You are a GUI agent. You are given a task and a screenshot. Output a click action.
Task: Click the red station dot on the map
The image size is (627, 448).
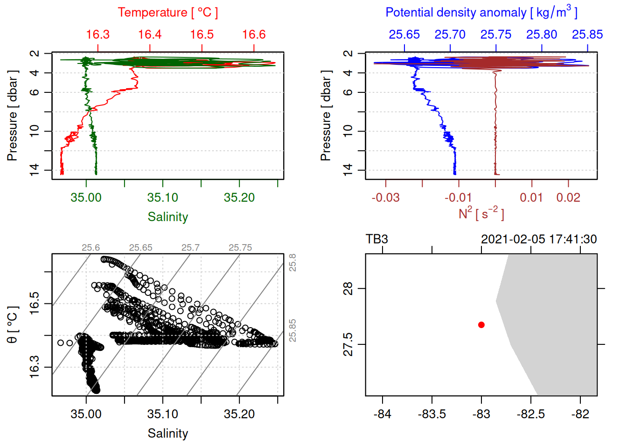click(x=481, y=325)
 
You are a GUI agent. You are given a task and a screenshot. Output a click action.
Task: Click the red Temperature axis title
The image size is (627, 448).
click(x=167, y=13)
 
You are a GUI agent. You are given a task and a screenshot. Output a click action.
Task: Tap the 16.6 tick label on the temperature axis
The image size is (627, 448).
click(x=254, y=35)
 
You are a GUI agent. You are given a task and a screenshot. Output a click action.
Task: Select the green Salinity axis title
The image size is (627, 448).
click(x=167, y=217)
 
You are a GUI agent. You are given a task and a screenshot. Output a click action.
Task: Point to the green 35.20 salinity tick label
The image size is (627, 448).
click(x=239, y=198)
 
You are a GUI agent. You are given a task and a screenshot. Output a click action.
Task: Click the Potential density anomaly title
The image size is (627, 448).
click(x=481, y=12)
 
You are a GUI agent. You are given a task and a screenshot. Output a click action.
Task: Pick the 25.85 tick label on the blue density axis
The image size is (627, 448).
click(x=587, y=35)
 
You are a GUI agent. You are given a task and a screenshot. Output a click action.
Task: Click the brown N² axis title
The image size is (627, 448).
click(x=481, y=214)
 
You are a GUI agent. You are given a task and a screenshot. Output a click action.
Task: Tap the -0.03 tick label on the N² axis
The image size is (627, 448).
click(x=385, y=198)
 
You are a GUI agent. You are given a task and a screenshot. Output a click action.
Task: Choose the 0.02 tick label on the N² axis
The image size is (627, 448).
click(x=568, y=198)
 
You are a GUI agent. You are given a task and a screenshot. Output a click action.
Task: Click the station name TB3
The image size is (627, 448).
click(x=377, y=239)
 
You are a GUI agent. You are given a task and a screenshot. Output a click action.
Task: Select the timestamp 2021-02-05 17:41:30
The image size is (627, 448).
click(x=539, y=239)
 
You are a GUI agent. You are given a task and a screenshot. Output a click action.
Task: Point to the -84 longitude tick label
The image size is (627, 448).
click(x=383, y=414)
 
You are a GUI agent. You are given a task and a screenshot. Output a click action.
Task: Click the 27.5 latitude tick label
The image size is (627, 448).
click(x=348, y=344)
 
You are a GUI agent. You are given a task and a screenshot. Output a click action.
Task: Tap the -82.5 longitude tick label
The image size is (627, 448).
click(x=531, y=414)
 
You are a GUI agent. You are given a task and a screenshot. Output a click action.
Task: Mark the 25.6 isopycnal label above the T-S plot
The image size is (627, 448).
click(x=91, y=248)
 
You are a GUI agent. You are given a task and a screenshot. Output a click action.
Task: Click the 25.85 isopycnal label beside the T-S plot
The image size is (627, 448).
click(x=293, y=330)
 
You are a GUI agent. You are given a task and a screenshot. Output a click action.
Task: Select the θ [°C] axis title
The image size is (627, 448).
click(x=13, y=325)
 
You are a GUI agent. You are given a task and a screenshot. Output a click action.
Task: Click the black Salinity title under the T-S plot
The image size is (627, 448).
click(x=167, y=434)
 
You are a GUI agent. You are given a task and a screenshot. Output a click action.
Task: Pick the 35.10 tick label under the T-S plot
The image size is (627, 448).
click(x=163, y=414)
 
